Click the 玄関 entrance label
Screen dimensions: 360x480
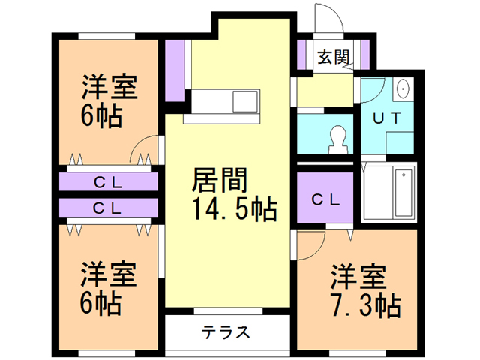tap(332, 56)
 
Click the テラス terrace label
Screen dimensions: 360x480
tap(225, 333)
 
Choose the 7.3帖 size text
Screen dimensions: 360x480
tap(365, 305)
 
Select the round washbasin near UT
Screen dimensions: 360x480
tap(403, 88)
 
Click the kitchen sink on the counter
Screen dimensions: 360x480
tap(245, 100)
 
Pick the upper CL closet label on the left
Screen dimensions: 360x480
tap(109, 181)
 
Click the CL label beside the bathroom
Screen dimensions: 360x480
tap(326, 199)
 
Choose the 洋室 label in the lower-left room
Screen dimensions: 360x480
tap(109, 274)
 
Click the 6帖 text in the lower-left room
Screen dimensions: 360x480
tap(101, 303)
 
